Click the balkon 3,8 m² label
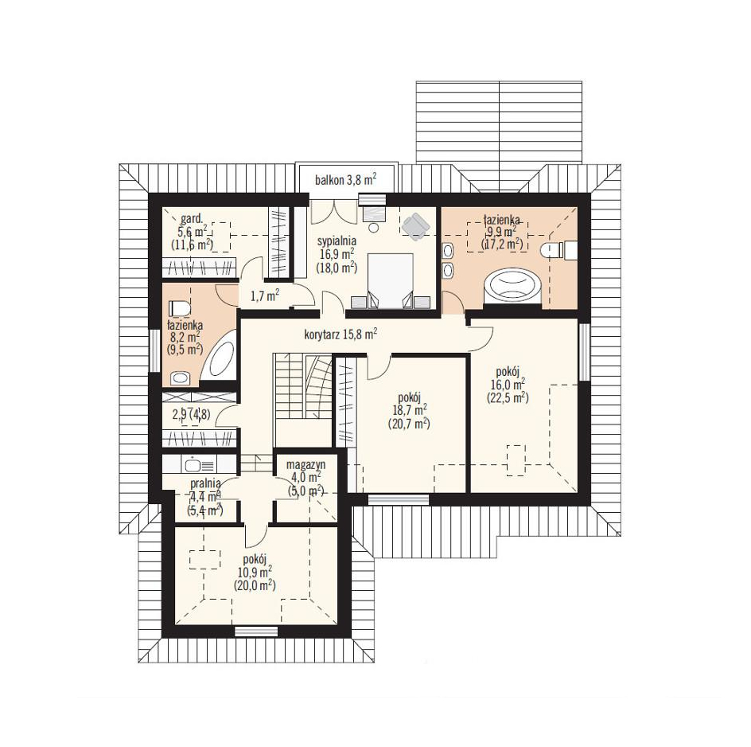pos(345,180)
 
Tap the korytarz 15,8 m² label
pos(340,334)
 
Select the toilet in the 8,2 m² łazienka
pos(180,307)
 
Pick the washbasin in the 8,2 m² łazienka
pos(180,378)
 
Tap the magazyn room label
pos(305,464)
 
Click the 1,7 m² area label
pos(265,295)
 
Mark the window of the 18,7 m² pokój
pos(399,499)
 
